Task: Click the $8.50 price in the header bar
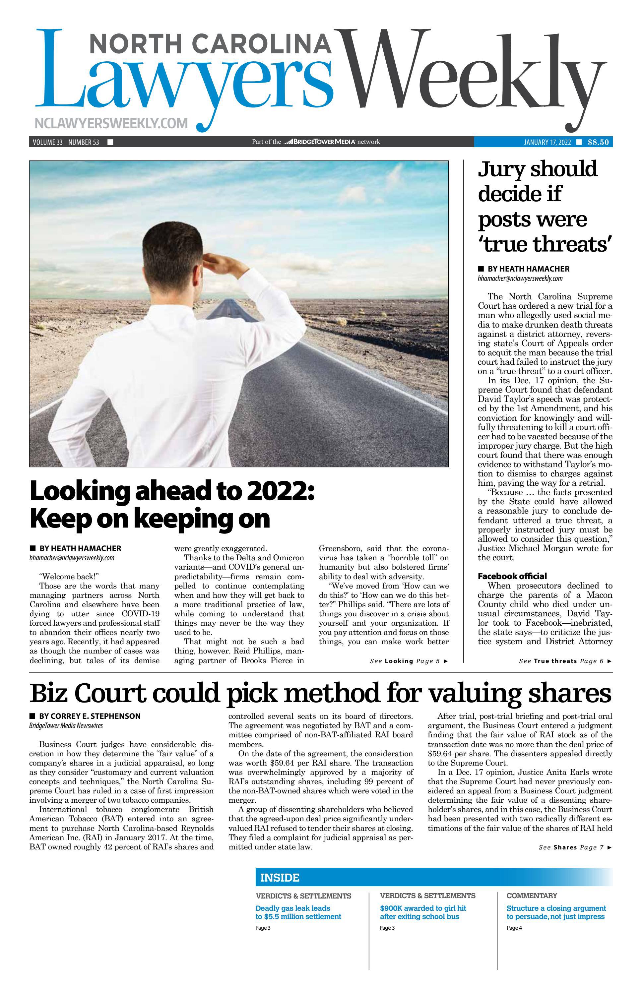pyautogui.click(x=598, y=142)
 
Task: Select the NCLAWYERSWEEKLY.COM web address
pyautogui.click(x=111, y=123)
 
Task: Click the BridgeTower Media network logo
pyautogui.click(x=319, y=142)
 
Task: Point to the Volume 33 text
pyautogui.click(x=47, y=142)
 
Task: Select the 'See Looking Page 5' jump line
pyautogui.click(x=409, y=661)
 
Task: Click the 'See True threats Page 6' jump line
pyautogui.click(x=565, y=661)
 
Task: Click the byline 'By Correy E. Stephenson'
pyautogui.click(x=90, y=716)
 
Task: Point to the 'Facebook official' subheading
pyautogui.click(x=512, y=576)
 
